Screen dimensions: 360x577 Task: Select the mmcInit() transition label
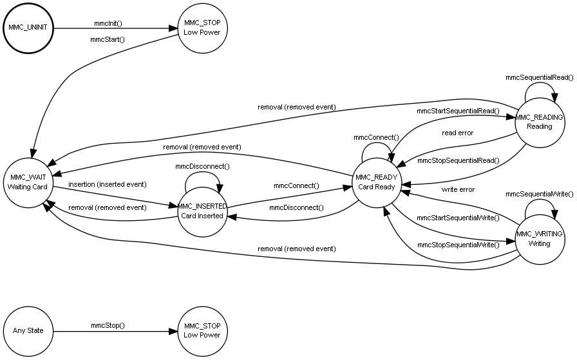pos(108,23)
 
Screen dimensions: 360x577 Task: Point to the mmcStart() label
pos(108,40)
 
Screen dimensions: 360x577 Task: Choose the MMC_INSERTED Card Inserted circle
pos(202,211)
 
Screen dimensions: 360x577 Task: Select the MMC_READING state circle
pos(539,122)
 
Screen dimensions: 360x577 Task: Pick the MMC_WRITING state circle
pos(539,238)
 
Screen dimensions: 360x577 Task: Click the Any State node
pos(28,331)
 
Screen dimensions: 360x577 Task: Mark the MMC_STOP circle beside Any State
pos(202,331)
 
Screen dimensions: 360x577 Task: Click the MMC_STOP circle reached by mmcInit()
pos(202,28)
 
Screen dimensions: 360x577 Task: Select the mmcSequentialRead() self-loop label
pos(539,77)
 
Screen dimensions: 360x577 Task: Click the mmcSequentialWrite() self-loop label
pos(539,194)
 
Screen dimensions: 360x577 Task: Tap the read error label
pos(457,133)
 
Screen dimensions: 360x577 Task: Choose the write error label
pos(458,190)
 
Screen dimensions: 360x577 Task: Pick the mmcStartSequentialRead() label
pos(458,111)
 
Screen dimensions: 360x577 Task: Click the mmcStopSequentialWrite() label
pos(458,245)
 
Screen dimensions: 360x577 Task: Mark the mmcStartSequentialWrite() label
pos(458,218)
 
